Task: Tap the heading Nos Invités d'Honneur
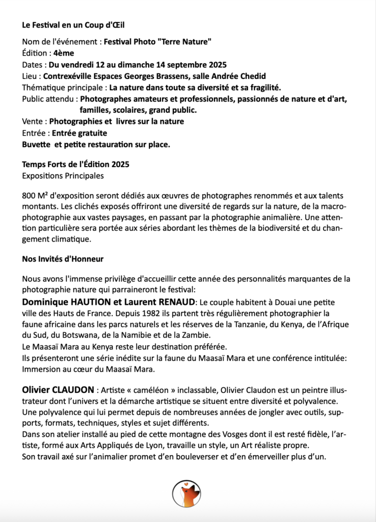click(63, 259)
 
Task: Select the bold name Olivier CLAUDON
click(58, 390)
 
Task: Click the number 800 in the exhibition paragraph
click(29, 196)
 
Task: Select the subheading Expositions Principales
click(63, 175)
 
